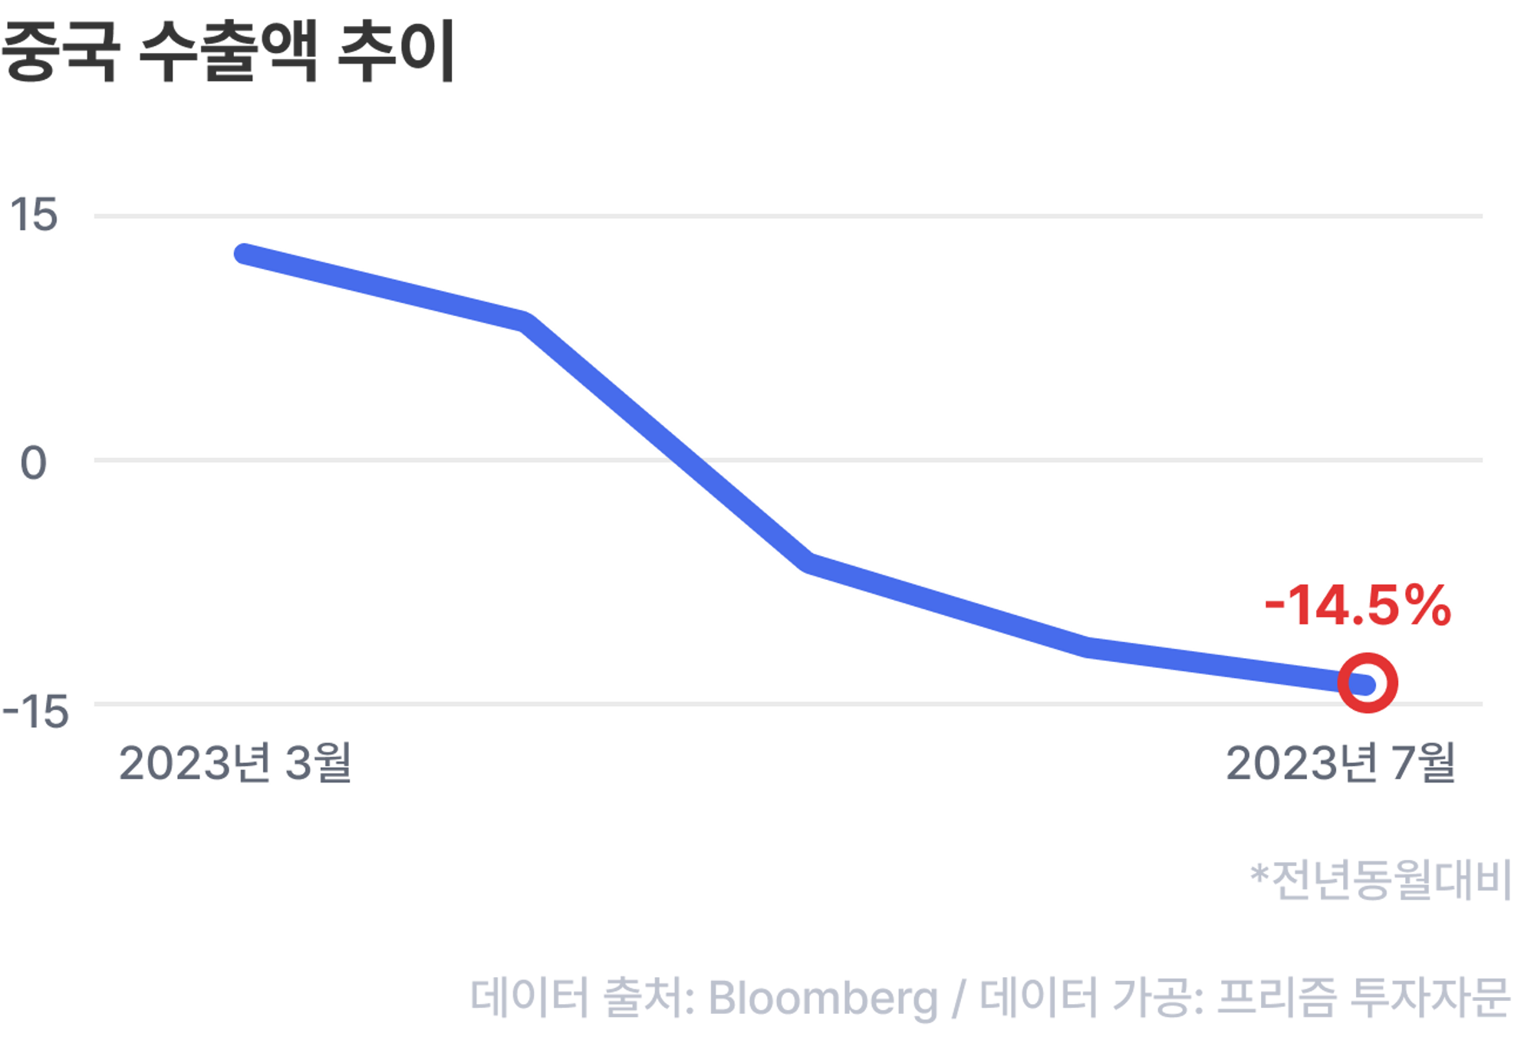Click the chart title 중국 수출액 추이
point(228,51)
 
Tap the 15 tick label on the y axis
point(34,215)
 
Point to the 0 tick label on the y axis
point(34,463)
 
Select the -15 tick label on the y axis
point(35,712)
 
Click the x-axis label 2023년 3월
point(235,763)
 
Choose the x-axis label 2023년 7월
point(1341,763)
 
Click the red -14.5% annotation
point(1358,606)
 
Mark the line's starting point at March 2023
point(244,254)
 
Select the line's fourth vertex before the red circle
point(1088,647)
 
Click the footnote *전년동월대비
point(1381,879)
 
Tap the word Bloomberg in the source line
point(823,998)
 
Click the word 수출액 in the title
point(228,51)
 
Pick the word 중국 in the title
point(60,51)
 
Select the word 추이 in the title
point(397,51)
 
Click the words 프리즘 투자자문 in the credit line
point(1364,997)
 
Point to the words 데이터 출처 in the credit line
point(583,997)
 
